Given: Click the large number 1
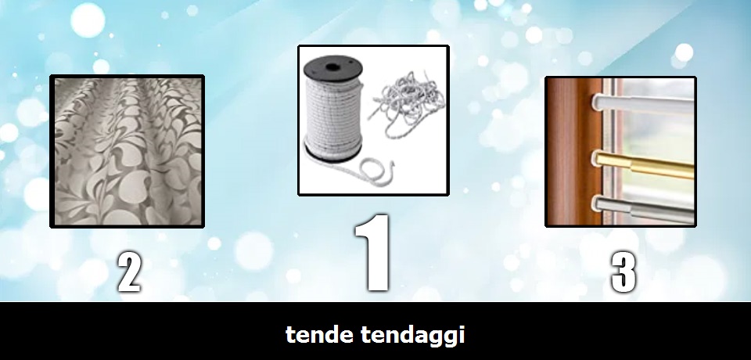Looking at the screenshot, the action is (373, 253).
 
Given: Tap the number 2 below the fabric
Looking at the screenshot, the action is (130, 273).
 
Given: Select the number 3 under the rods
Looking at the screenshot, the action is (624, 272).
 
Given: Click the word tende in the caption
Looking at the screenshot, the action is (319, 334).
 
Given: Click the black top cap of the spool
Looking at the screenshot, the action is (333, 67).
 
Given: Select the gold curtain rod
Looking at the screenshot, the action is (643, 164).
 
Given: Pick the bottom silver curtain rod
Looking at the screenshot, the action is (643, 210).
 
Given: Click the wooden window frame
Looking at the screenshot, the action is (573, 152).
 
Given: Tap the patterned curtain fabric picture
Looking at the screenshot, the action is (128, 152).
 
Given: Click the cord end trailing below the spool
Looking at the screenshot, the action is (364, 167).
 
